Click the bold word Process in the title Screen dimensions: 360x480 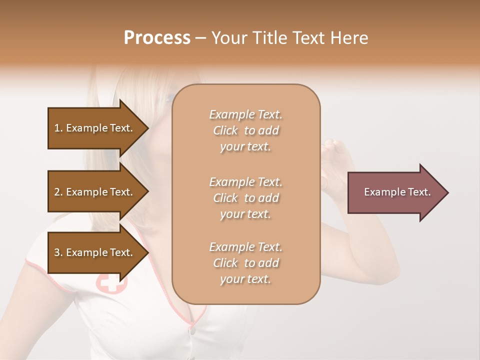(x=157, y=38)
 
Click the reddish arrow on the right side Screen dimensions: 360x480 (x=395, y=192)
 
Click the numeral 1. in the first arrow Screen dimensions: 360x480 (x=58, y=128)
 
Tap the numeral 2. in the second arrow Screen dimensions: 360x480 (x=58, y=192)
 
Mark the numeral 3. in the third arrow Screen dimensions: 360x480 (x=58, y=252)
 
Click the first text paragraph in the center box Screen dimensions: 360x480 (x=245, y=130)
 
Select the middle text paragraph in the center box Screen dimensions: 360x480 (x=245, y=197)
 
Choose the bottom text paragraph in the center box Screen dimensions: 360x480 (x=245, y=263)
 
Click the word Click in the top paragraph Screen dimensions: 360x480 (x=225, y=130)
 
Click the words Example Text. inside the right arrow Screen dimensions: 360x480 (x=397, y=192)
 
